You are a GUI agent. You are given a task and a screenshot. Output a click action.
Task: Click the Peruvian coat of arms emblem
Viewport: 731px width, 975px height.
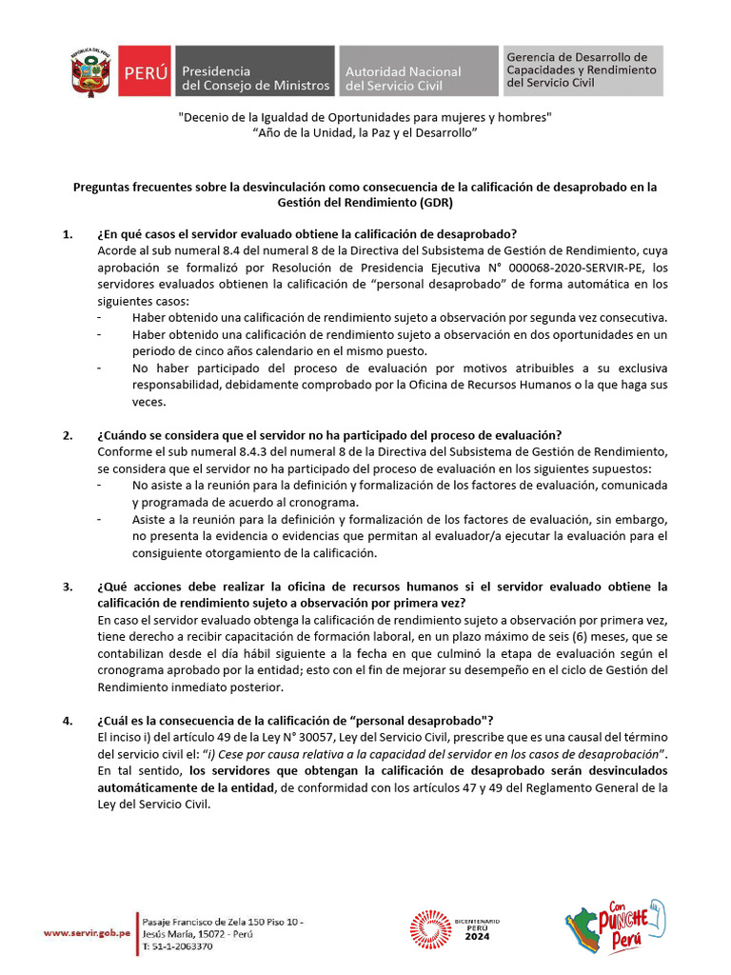coord(90,70)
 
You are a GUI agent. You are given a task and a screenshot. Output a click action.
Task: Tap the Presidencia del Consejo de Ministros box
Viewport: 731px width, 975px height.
coord(254,71)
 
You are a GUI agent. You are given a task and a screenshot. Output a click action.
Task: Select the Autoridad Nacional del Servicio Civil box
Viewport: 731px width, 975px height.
coord(418,71)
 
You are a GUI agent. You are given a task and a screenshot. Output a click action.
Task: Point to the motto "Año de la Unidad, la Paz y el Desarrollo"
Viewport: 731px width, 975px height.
coord(365,133)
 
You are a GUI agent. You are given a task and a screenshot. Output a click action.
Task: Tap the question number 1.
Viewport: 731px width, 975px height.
coord(68,234)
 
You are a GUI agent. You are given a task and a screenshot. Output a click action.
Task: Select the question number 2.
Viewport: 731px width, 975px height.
coord(68,435)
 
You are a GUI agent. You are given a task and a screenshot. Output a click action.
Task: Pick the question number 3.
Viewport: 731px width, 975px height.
coord(68,587)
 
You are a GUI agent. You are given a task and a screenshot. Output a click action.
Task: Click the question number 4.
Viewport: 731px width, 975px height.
coord(68,720)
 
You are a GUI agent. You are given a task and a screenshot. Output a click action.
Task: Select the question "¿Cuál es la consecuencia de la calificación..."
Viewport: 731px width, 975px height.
coord(294,720)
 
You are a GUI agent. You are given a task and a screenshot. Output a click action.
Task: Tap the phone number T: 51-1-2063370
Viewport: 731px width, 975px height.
coord(177,946)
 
